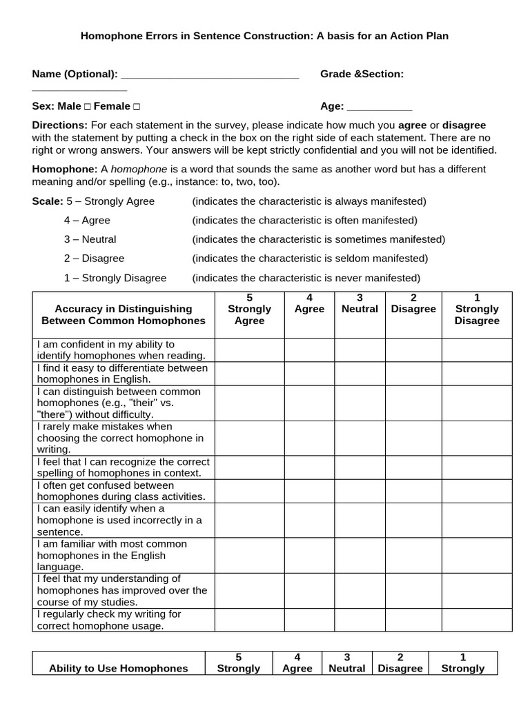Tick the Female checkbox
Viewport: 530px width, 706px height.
point(136,107)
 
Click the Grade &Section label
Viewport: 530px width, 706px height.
point(362,74)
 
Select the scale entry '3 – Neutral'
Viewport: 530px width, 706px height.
point(90,239)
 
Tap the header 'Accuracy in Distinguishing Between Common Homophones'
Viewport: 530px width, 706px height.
point(124,314)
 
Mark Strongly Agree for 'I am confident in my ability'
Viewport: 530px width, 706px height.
point(249,350)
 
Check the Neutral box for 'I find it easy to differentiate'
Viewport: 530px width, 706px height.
point(360,373)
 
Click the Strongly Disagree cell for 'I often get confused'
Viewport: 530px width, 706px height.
point(477,491)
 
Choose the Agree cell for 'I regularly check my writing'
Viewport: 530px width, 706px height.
point(309,620)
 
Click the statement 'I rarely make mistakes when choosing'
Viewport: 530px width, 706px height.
point(120,438)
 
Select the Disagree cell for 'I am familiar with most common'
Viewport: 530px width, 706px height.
point(413,555)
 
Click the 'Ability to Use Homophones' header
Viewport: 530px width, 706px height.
point(119,668)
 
